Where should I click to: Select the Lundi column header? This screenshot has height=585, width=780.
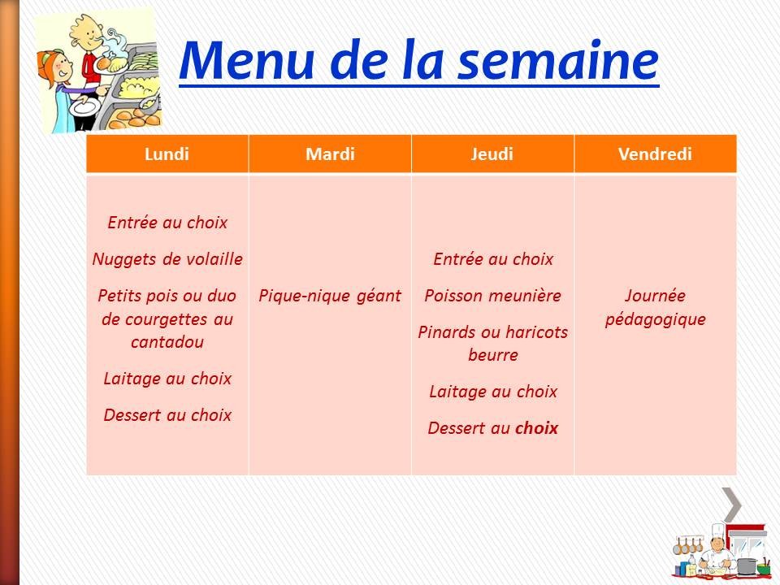tap(167, 154)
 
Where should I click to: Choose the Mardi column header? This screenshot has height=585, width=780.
tap(330, 154)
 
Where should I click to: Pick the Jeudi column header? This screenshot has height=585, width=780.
tap(492, 154)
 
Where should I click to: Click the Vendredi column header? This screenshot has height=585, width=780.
tap(655, 154)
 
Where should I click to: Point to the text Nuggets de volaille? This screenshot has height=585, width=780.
tap(167, 259)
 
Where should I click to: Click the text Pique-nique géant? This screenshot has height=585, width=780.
tap(330, 296)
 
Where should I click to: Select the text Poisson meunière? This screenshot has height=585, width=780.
tap(492, 296)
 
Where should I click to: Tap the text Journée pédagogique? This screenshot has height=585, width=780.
tap(655, 307)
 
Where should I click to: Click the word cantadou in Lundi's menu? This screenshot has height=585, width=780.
tap(167, 342)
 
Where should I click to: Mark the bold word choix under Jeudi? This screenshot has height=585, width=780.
tap(536, 428)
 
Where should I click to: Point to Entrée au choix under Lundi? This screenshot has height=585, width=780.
tap(167, 223)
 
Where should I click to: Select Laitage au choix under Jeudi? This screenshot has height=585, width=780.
tap(492, 392)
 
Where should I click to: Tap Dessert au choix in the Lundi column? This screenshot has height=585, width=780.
tap(167, 415)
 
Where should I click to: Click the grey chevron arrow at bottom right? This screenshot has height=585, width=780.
tap(732, 505)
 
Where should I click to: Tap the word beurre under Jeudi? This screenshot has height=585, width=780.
tap(492, 355)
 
